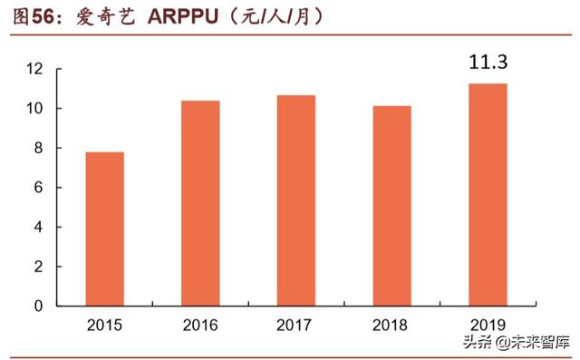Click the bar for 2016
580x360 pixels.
(x=200, y=203)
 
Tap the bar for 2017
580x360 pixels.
(x=295, y=200)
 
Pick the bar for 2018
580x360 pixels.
(x=391, y=206)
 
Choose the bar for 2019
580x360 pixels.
(x=487, y=194)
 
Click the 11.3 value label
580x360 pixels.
(x=487, y=63)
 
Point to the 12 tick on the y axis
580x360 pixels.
(x=35, y=70)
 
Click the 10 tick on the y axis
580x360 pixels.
(x=35, y=109)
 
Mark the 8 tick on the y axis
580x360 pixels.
(x=40, y=149)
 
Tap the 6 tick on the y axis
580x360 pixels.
(x=40, y=188)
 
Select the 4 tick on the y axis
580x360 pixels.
(x=40, y=228)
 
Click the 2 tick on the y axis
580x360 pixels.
(x=40, y=267)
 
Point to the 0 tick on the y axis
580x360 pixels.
(x=40, y=306)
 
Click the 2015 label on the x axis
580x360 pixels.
(x=105, y=325)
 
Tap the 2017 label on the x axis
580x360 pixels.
(x=295, y=325)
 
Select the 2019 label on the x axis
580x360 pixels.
(x=487, y=325)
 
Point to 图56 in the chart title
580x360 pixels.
(x=28, y=17)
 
